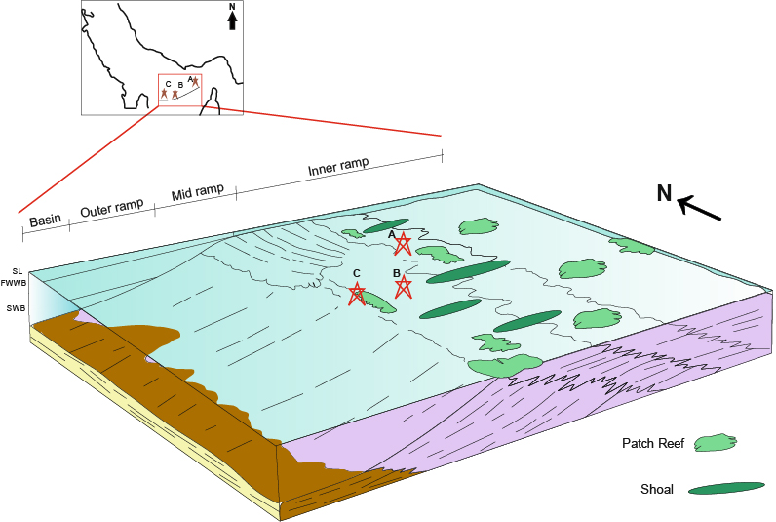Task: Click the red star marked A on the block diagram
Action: click(403, 244)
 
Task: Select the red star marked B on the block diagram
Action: click(403, 286)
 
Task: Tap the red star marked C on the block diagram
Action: click(358, 293)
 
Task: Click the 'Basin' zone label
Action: click(45, 221)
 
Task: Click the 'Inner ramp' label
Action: click(338, 167)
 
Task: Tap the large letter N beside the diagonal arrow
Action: click(665, 194)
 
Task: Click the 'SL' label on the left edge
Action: click(17, 271)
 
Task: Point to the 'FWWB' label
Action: click(15, 283)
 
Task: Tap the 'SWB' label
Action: click(16, 309)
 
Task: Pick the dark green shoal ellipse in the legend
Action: click(726, 487)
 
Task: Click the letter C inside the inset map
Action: click(169, 84)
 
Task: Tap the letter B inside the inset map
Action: click(180, 84)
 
